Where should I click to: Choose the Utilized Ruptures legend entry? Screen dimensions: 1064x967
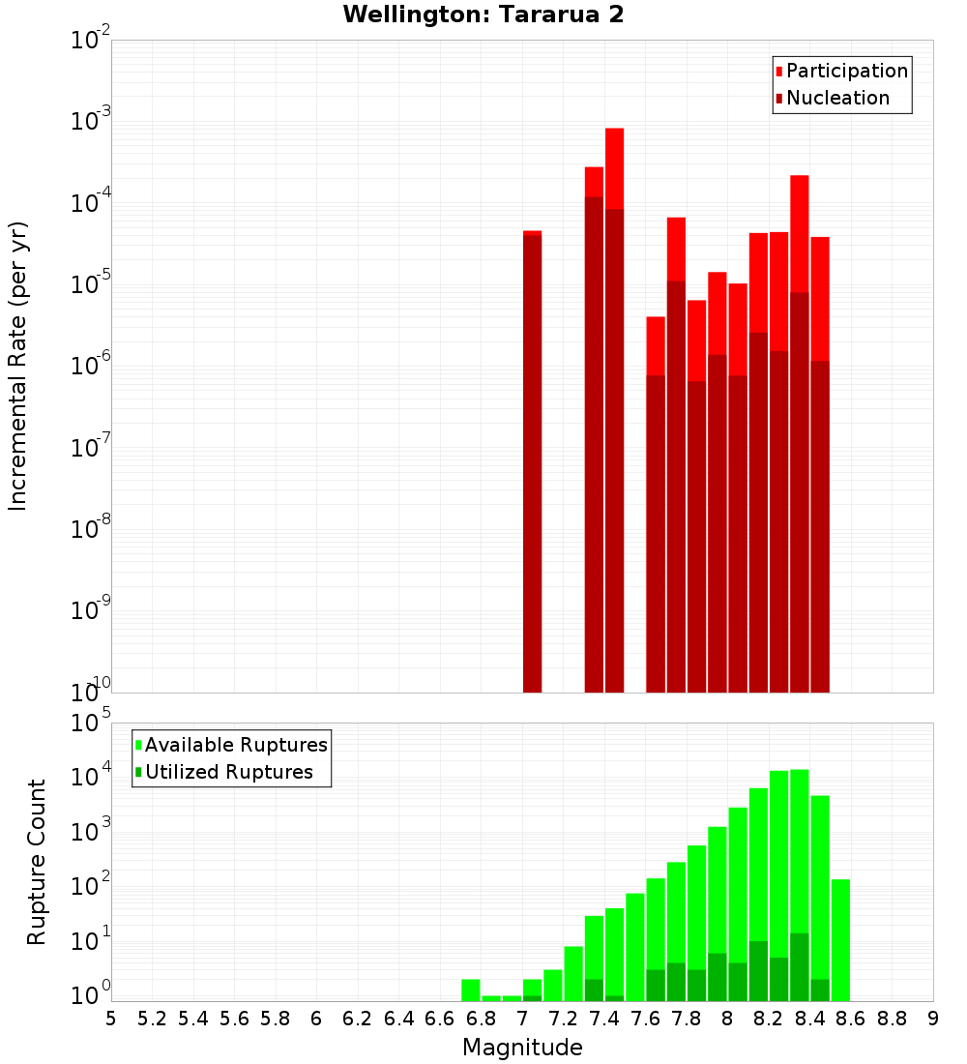[228, 772]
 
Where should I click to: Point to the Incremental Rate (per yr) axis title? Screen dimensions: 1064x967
[18, 366]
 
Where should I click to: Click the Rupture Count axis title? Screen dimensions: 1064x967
[37, 861]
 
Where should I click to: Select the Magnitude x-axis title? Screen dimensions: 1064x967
[522, 1048]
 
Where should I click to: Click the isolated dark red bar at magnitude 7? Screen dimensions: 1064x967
[532, 464]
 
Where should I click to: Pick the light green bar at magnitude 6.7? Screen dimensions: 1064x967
[471, 990]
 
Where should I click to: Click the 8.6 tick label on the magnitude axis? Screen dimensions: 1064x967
[850, 1019]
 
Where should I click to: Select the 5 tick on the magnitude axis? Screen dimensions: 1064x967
[111, 1019]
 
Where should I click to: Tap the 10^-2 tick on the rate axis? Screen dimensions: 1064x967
[91, 41]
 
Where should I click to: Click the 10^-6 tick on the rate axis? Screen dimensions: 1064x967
[91, 366]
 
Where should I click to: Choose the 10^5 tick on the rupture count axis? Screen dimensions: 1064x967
[91, 723]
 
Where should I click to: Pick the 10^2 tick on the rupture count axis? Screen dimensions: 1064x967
[91, 886]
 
